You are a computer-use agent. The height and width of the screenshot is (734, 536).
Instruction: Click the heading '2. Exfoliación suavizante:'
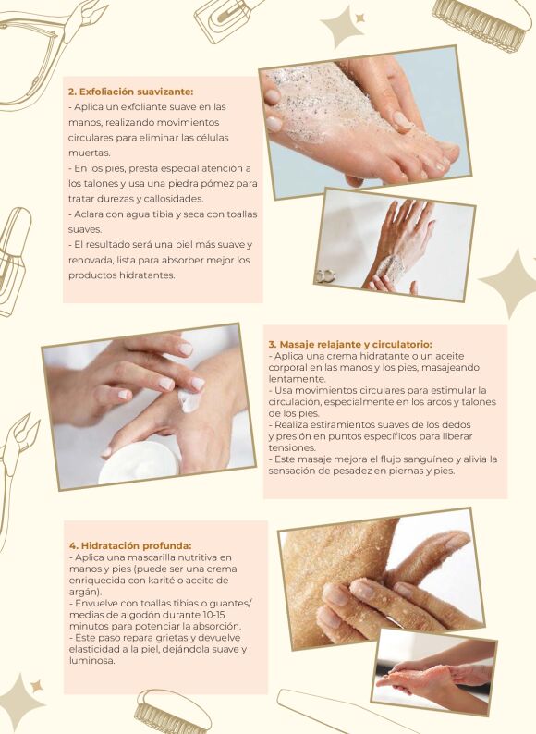point(130,92)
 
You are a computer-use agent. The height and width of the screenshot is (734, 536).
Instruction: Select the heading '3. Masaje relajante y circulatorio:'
point(350,345)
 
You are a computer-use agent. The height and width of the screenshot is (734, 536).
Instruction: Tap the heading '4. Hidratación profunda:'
point(130,545)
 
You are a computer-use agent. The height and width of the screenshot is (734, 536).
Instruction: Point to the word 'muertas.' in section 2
point(90,153)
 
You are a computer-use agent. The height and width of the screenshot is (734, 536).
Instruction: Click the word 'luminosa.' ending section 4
point(91,660)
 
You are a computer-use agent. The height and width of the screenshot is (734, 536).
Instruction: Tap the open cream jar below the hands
point(139,462)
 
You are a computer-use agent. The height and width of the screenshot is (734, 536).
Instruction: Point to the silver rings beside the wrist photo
point(325,276)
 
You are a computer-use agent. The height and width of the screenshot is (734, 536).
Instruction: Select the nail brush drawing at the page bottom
point(172,712)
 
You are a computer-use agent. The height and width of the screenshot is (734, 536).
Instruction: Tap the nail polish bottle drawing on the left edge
point(13,263)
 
